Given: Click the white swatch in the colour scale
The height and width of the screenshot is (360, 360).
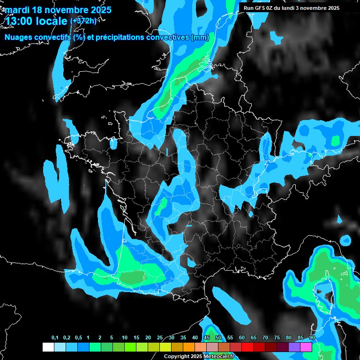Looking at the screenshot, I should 48,347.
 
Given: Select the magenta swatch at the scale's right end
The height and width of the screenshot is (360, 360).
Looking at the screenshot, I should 306,347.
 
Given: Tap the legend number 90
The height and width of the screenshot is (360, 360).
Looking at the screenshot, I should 312,338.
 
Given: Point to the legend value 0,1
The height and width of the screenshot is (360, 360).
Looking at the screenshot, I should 55,338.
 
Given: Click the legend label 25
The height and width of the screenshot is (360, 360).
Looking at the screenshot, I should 160,338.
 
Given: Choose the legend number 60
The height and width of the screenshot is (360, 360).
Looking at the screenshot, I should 242,338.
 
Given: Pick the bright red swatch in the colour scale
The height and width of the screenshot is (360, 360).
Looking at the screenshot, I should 247,347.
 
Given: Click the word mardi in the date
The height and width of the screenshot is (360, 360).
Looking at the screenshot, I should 17,10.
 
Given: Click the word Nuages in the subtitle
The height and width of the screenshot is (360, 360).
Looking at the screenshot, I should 19,37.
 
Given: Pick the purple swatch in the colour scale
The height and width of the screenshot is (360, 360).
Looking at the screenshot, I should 294,347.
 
